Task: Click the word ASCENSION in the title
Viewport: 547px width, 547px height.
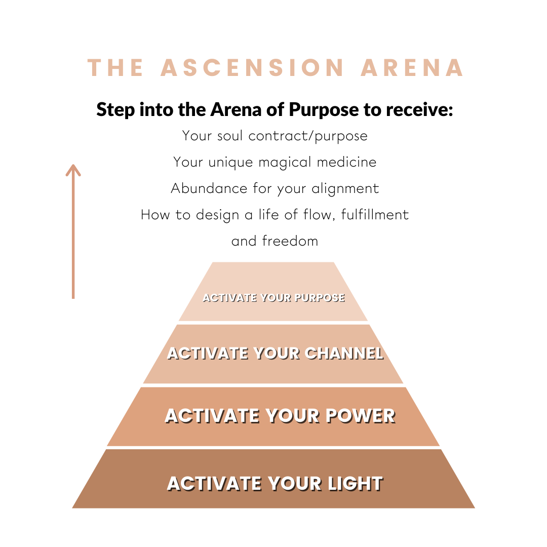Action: click(252, 68)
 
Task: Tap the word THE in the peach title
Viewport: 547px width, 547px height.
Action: click(116, 68)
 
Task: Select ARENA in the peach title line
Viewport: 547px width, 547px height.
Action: click(412, 68)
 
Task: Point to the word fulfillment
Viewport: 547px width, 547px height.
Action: click(375, 215)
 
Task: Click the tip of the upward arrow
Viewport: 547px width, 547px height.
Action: click(73, 166)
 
